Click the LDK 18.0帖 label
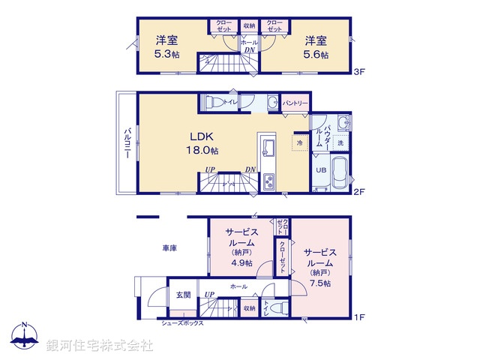click(202, 143)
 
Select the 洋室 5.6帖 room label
click(313, 46)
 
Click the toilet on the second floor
click(212, 103)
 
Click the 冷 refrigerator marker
click(299, 142)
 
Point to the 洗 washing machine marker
click(340, 142)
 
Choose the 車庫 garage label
click(169, 247)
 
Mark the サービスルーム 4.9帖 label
click(241, 247)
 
